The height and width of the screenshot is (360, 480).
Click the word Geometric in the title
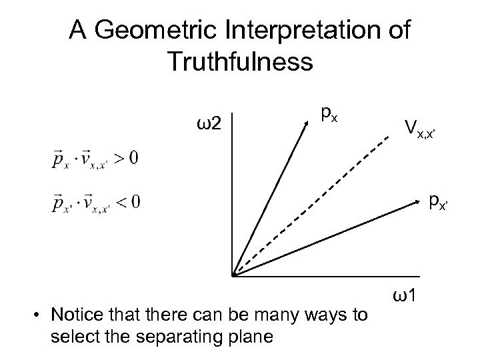pos(167,31)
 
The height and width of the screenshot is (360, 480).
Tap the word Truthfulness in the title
pos(239,61)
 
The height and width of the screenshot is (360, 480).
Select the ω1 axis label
pos(406,294)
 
